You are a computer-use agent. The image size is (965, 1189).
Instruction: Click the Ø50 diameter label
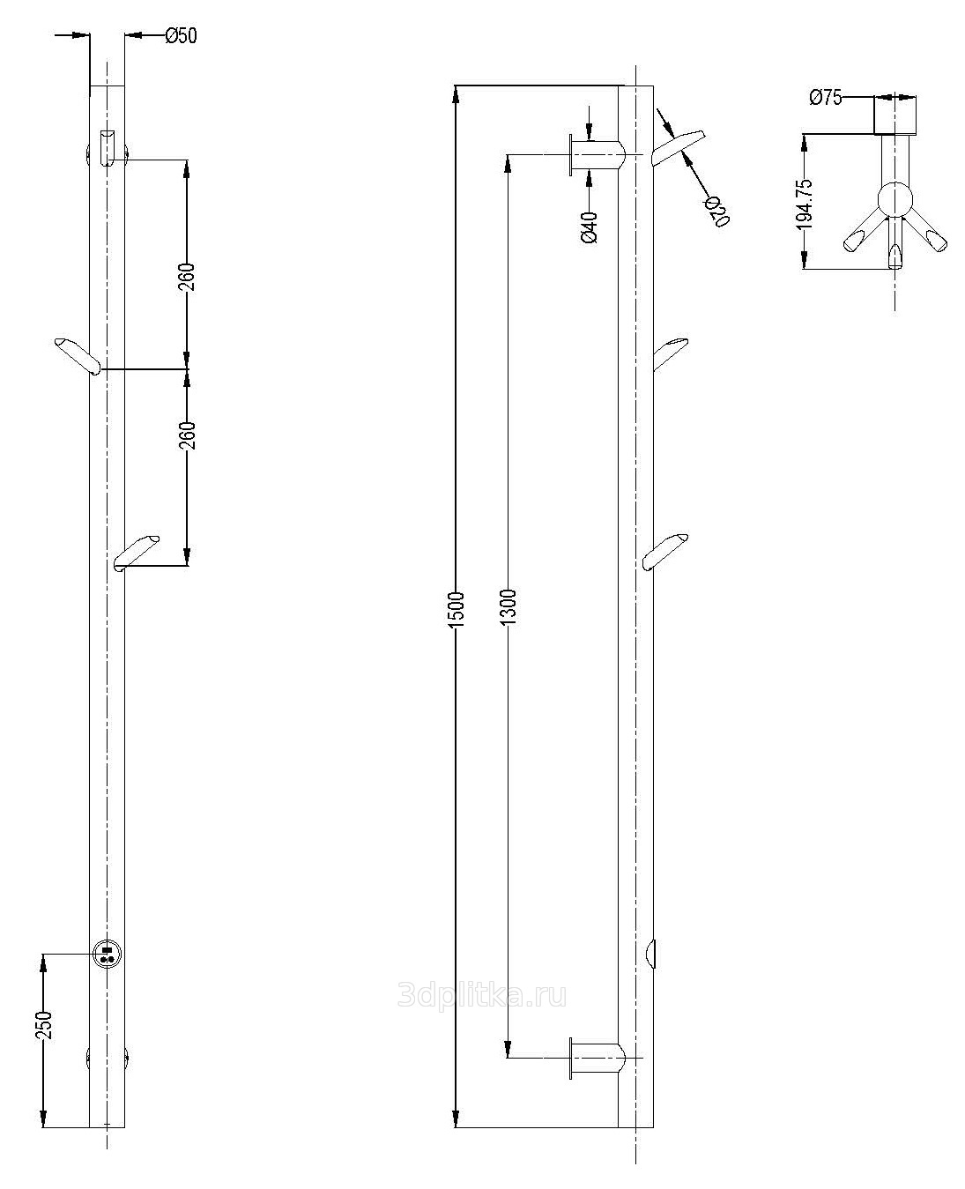point(182,36)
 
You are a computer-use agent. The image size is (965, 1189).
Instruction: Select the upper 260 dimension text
point(187,277)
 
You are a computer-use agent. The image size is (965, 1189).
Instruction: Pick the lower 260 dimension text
point(187,435)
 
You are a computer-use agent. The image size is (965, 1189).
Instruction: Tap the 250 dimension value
point(43,1025)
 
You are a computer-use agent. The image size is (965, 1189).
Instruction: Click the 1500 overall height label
point(457,609)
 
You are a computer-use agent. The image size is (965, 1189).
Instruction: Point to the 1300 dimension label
point(508,606)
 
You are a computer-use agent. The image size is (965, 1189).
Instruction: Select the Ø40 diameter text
point(590,227)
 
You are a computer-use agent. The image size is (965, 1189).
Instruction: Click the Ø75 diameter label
point(826,98)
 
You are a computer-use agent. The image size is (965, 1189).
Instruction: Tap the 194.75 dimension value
point(805,204)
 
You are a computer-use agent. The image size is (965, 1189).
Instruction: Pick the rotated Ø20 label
point(716,212)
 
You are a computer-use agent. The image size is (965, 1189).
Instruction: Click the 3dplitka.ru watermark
point(482,996)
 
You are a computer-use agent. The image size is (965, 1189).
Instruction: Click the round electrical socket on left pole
point(108,954)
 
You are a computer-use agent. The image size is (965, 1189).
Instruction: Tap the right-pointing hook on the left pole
point(137,554)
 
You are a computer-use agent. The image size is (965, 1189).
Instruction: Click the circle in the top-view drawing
point(894,199)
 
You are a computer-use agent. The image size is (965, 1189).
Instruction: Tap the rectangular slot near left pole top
point(108,148)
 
